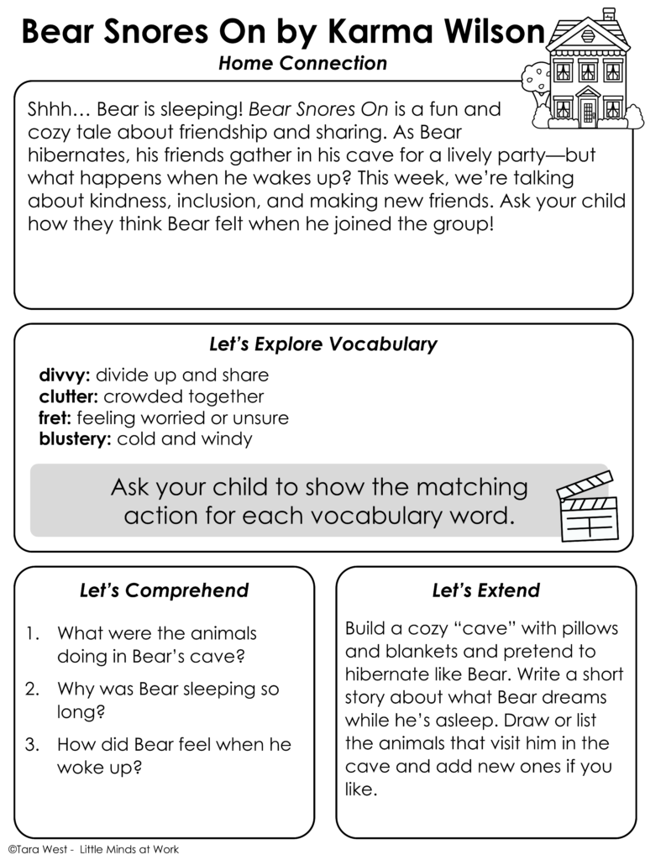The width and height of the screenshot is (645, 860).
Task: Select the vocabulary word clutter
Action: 69,396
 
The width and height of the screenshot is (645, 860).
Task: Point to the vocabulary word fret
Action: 54,417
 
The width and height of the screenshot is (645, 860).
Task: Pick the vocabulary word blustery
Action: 75,438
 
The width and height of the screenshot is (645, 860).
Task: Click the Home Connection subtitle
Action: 302,64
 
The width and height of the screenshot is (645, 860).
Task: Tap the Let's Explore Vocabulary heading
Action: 322,344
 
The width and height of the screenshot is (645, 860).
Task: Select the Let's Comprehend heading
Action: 164,590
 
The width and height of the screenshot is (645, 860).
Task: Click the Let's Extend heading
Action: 485,590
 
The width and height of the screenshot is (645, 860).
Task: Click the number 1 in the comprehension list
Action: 31,633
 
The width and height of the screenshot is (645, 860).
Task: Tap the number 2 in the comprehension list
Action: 32,690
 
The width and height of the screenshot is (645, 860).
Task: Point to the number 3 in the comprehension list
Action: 32,745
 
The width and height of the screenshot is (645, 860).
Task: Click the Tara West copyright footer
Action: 92,849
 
